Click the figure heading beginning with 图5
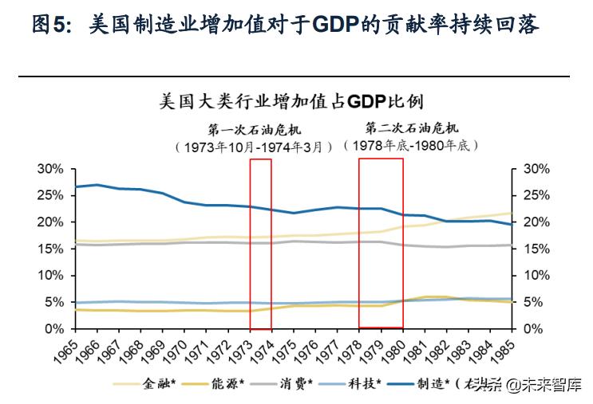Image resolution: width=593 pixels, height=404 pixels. pos(285,25)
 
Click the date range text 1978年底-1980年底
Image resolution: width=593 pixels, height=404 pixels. pos(410,145)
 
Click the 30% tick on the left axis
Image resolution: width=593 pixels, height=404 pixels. pos(49,169)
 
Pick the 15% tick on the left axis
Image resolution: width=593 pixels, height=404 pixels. pos(49,249)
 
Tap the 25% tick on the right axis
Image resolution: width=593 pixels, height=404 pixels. pos(536,195)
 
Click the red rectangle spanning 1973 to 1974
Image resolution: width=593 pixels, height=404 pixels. pos(261,243)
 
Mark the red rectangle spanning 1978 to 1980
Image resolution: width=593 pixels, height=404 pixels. pos(381,243)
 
